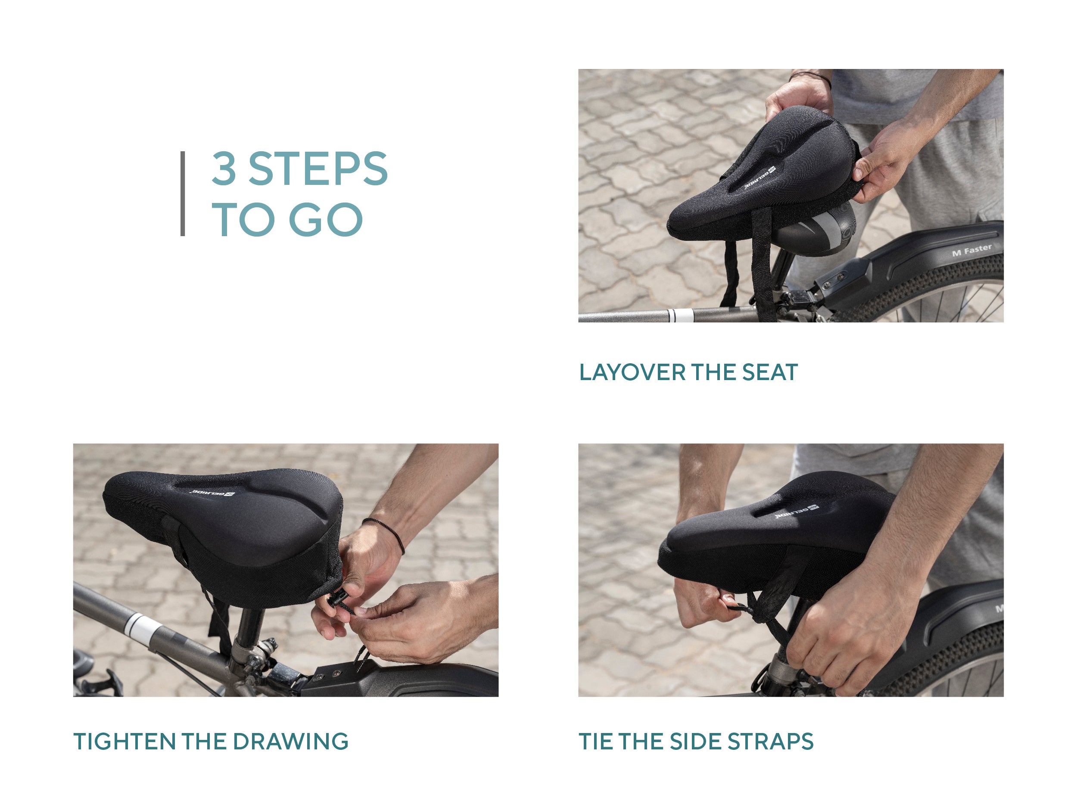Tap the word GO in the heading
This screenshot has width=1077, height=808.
tap(326, 220)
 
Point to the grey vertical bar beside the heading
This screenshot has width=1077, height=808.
tap(183, 194)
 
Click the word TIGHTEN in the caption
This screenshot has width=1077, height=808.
tap(125, 742)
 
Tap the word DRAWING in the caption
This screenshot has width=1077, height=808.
tap(290, 742)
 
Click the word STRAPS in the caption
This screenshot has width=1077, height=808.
tap(770, 742)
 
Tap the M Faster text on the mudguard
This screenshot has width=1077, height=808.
tap(972, 250)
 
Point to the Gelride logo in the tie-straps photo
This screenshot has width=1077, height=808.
tap(797, 512)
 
